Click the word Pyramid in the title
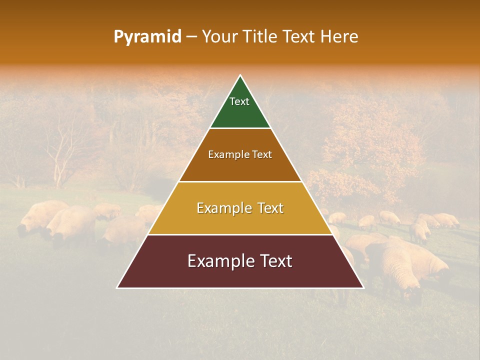coord(147,37)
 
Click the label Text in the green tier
coord(239,101)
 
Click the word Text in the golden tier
coord(267,208)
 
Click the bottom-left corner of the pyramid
coord(117,287)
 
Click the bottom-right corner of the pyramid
coord(363,287)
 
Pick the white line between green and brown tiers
coord(240,128)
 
